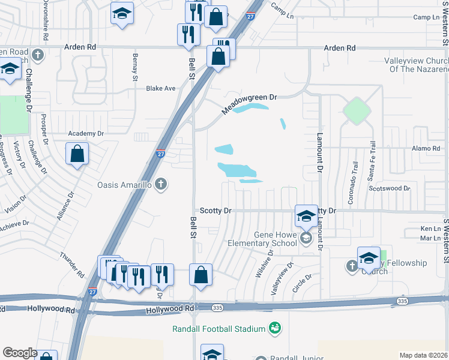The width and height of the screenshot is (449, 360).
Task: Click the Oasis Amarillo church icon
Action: tap(160, 184)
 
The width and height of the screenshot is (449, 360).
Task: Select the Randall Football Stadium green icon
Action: tap(275, 328)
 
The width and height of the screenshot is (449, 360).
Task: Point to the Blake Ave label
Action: tap(161, 88)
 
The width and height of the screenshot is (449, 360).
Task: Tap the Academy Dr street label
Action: tap(86, 133)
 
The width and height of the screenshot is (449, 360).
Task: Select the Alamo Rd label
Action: tap(426, 148)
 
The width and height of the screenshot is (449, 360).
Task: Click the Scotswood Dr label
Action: tap(390, 188)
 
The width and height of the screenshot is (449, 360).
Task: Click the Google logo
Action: tap(20, 353)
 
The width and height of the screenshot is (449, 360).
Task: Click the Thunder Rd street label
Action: tap(72, 265)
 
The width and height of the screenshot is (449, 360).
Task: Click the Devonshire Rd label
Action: tap(46, 20)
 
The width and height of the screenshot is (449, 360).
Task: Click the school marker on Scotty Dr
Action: tap(306, 216)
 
